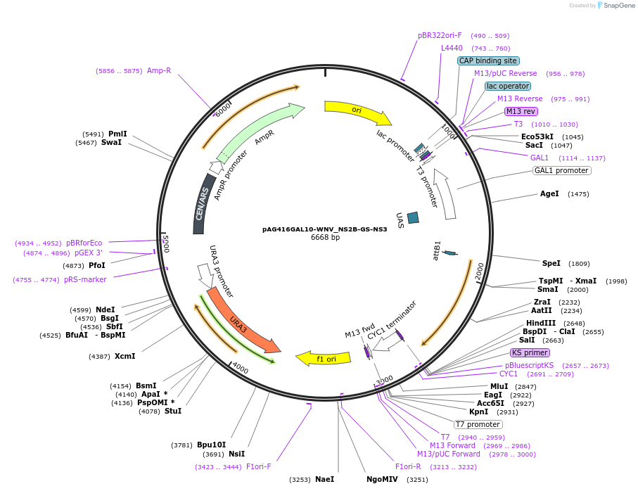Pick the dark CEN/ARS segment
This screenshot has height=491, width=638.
point(201,210)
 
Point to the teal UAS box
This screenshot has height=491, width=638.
point(413,218)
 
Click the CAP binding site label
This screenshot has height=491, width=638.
point(488,61)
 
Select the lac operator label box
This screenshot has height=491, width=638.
point(507,86)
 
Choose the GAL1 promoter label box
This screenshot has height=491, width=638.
point(561,170)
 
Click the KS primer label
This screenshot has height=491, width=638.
point(530,352)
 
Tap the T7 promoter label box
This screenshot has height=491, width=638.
point(478,424)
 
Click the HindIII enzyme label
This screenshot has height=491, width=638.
point(540,323)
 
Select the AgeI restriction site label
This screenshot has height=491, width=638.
point(549,193)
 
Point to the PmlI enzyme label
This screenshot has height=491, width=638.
point(117,134)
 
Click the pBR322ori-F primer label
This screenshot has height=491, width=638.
point(440,35)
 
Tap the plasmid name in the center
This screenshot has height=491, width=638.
point(324,229)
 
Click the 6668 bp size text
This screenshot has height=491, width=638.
point(325,238)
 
